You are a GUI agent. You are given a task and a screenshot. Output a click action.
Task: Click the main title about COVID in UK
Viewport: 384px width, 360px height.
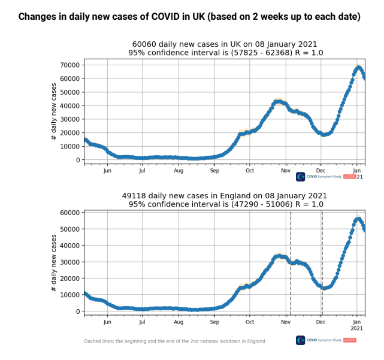(x=189, y=17)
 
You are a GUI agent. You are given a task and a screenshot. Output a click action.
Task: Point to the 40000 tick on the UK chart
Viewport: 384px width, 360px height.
(x=71, y=105)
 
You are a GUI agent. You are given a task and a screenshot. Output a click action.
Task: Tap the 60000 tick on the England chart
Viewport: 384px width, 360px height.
(x=71, y=213)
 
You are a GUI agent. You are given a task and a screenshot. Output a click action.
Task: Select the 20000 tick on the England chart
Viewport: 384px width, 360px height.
(x=71, y=279)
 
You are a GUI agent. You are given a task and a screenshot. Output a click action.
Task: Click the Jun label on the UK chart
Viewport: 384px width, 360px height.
(x=107, y=171)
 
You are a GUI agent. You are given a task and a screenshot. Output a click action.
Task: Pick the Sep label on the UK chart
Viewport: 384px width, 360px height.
(x=215, y=171)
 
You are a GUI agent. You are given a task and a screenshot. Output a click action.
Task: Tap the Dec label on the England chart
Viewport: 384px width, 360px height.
(x=321, y=322)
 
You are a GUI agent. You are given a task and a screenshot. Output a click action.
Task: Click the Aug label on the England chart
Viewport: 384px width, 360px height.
(x=179, y=322)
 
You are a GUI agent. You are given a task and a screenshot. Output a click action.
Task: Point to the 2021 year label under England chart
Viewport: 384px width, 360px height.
(x=357, y=329)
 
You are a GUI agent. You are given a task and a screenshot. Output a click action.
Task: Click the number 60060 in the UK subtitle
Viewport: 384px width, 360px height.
(x=145, y=44)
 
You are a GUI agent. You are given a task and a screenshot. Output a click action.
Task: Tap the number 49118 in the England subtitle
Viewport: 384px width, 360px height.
(x=135, y=196)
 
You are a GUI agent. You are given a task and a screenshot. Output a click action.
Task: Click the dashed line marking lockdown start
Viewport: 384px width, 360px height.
(x=291, y=264)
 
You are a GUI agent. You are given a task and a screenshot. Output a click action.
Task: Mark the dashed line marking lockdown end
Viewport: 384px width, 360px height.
(x=322, y=264)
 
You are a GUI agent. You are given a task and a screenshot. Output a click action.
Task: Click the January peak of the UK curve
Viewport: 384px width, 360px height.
(x=358, y=67)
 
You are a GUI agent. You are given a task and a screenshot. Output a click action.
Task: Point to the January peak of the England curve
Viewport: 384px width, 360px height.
(x=358, y=219)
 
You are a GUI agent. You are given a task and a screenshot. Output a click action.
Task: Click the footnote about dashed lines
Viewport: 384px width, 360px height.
(x=174, y=341)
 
